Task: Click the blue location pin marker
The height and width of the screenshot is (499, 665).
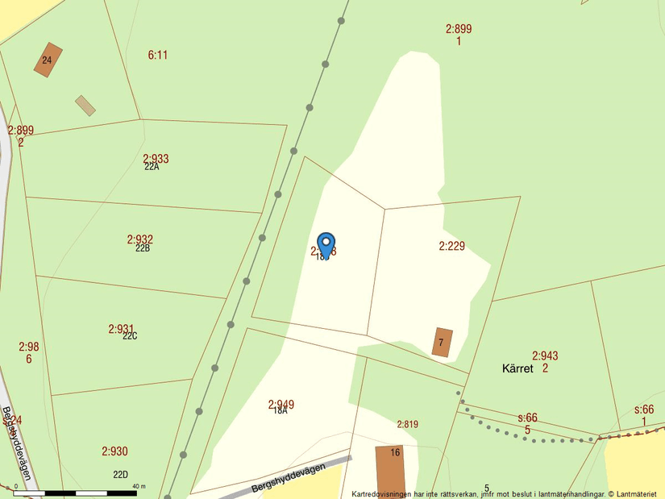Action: point(326,244)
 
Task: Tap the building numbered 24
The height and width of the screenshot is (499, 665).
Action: point(48,60)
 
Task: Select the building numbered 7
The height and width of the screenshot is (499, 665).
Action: point(442,342)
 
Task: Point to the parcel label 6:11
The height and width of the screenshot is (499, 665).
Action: point(158,55)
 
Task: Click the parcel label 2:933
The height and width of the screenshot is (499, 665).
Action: point(156,159)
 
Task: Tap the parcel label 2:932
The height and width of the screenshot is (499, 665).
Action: point(139,239)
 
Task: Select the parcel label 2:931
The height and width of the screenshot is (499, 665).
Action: point(121,329)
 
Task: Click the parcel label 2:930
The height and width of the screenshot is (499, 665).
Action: point(114,451)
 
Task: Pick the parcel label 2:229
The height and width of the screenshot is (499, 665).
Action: point(451,246)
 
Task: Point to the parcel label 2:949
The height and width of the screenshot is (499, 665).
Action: point(281,404)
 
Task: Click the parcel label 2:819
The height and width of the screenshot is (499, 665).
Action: point(407,424)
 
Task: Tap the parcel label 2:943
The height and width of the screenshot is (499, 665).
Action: point(545,356)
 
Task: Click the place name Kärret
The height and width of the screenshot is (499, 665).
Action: point(518,368)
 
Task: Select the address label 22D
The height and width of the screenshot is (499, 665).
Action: point(120,475)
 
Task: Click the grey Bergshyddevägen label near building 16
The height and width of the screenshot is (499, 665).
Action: point(288,476)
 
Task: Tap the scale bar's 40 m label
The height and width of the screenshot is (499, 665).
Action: point(139,487)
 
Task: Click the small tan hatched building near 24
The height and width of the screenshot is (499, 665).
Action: point(85,106)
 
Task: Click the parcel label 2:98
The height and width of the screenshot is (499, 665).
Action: point(28,347)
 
